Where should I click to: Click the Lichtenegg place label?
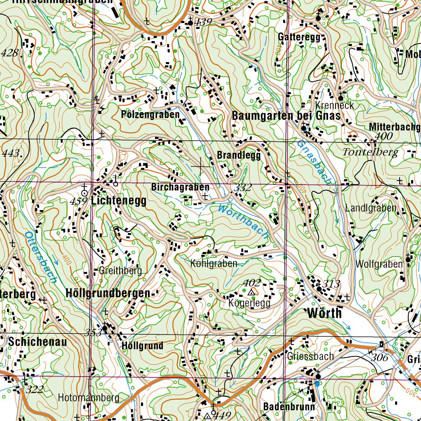coord(119,201)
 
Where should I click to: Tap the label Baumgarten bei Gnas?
coord(287,116)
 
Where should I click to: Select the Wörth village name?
coord(324,313)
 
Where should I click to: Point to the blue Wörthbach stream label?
coord(243,222)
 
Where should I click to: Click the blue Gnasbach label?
coord(315,162)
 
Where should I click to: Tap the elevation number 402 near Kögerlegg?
coord(252,282)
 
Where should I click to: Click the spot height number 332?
coord(243,188)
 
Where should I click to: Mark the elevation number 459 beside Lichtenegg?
coord(79,201)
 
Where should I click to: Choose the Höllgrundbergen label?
coord(108,293)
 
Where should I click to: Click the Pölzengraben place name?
coord(150,114)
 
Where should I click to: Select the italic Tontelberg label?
coord(370,153)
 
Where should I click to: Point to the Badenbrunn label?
coord(289,407)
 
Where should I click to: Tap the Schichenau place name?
coord(37,342)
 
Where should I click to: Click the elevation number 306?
coord(380,358)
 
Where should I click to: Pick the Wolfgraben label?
coord(379,264)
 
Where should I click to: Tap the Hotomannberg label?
coord(88,398)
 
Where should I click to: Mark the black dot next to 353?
coord(105,328)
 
